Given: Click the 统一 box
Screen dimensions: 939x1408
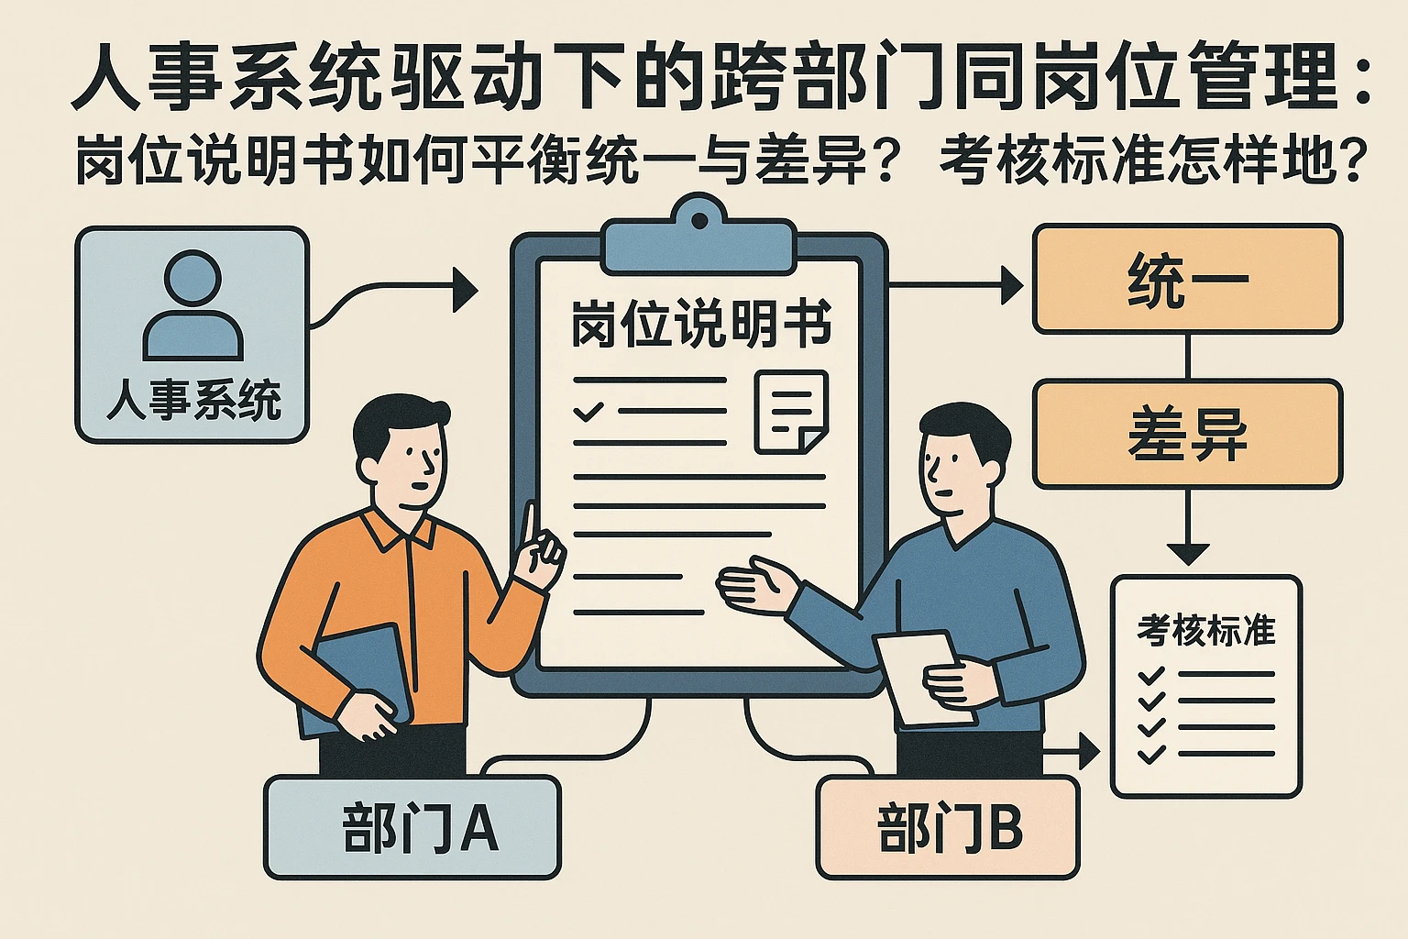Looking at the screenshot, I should point(1187,280).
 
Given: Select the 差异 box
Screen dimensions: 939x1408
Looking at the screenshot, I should point(1187,435).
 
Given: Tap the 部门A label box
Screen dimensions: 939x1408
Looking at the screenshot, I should point(412,827).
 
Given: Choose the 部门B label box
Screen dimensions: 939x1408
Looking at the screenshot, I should point(947,827).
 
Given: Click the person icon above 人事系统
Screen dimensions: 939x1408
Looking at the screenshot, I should point(192,307).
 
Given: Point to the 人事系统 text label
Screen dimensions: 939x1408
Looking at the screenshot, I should point(192,401).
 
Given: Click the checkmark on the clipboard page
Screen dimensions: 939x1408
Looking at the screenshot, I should point(588,411).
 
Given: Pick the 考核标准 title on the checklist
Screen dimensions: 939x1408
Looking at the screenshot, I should point(1205,630).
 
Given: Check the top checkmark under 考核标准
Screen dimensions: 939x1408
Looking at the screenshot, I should point(1150,677).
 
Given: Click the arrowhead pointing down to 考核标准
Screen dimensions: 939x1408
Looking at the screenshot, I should point(1188,553).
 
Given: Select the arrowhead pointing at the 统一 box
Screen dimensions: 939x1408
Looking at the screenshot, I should point(1013,285).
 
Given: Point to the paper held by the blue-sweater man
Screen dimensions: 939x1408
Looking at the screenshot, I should point(921,674).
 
